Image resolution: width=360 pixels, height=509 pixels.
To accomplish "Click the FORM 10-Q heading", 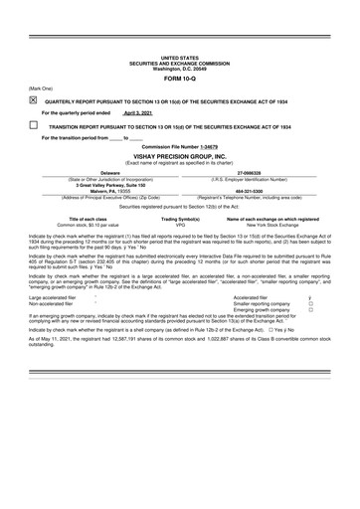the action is coord(180,79).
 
